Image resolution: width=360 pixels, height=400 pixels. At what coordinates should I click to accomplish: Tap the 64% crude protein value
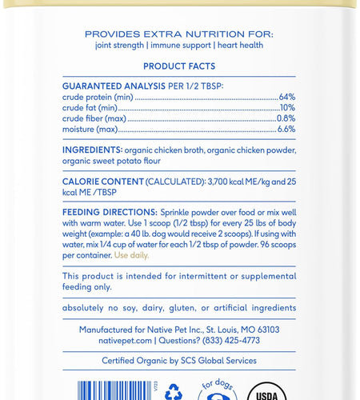[287, 97]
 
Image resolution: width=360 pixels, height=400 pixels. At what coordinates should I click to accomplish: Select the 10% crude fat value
[287, 107]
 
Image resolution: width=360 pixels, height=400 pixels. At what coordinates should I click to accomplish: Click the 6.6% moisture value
[286, 128]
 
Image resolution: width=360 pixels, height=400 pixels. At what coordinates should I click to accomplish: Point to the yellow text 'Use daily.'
[131, 255]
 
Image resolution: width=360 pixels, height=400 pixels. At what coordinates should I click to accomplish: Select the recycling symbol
[173, 392]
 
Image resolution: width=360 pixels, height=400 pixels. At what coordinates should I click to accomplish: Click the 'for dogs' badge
[215, 390]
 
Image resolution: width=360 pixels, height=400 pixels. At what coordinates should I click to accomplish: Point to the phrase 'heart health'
[238, 45]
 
